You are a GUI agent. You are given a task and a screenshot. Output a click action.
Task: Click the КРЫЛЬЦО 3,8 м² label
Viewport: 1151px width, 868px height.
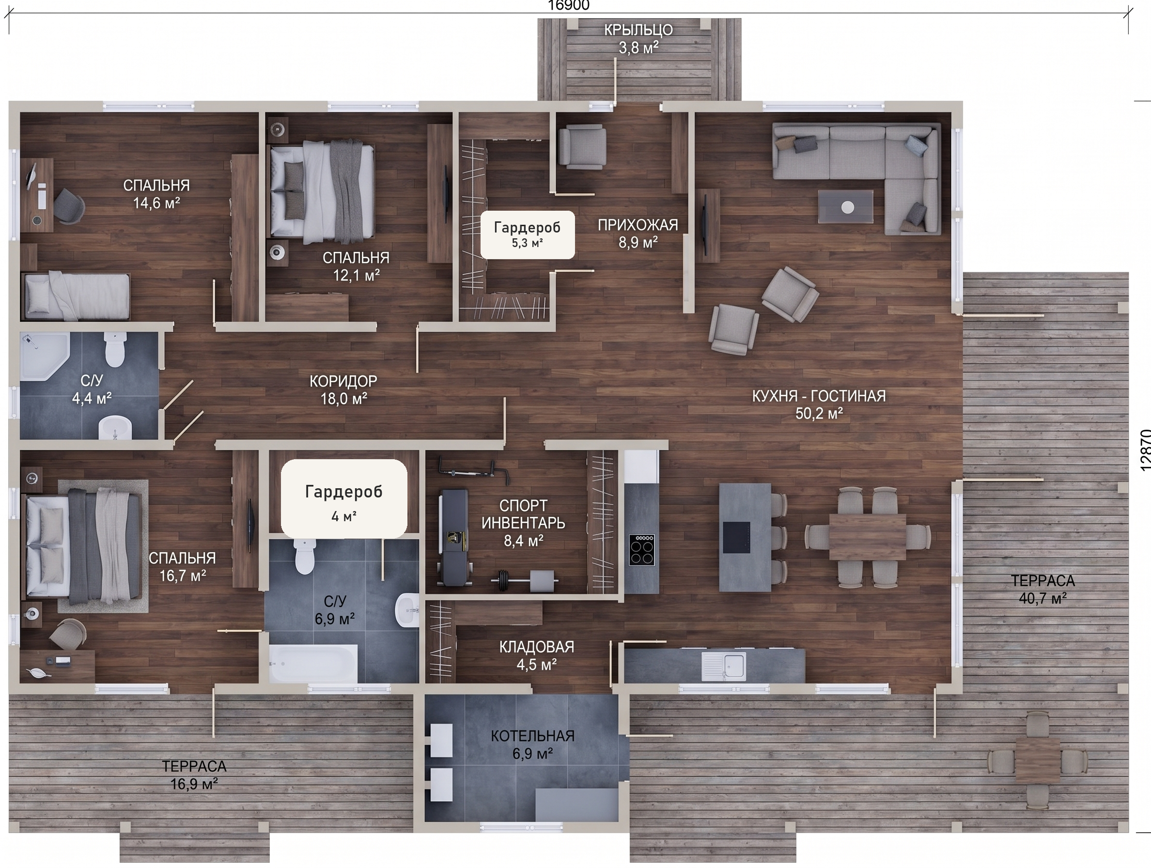[x=638, y=39]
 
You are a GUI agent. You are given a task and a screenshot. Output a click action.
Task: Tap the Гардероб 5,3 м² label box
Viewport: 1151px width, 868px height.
[x=527, y=235]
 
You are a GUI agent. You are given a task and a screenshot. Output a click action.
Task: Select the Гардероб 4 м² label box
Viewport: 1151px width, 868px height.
[x=344, y=498]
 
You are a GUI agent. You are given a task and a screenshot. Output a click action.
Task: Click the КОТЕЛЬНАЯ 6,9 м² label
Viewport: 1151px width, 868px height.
[x=533, y=744]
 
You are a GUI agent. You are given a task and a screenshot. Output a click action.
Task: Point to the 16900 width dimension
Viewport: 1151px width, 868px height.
[x=568, y=6]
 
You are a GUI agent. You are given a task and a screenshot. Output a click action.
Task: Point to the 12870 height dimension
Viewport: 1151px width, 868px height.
[x=1145, y=449]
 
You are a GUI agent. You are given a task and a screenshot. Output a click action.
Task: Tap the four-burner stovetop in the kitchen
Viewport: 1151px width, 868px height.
[x=641, y=550]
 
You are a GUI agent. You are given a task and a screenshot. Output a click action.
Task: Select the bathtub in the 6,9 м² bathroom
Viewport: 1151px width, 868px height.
[x=313, y=664]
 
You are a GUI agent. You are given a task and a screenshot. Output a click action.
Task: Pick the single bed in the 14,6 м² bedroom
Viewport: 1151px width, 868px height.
[x=76, y=295]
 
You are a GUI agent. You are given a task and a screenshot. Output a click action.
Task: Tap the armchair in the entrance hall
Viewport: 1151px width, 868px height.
[x=582, y=146]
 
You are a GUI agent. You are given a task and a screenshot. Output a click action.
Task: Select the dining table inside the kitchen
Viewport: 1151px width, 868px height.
[x=868, y=537]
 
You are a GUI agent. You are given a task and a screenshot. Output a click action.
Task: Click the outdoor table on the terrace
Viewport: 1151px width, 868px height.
[x=1038, y=760]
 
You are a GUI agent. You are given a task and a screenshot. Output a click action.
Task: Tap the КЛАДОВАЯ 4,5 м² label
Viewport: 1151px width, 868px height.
[x=536, y=656]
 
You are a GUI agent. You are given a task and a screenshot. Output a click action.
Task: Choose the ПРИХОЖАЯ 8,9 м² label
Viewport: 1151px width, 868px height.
[x=638, y=233]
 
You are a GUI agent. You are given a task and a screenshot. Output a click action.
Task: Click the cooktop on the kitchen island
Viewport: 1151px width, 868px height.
[x=737, y=537]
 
